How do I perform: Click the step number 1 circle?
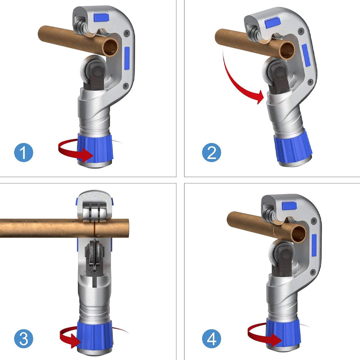coord(24,153)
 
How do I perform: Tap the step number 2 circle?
coord(211,153)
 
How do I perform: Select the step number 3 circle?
coord(24,339)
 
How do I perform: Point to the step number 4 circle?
coord(211,339)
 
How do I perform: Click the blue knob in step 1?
coord(95,148)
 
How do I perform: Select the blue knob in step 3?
coord(94,334)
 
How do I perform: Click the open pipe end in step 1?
coord(110,48)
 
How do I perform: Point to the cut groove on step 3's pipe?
coord(94,228)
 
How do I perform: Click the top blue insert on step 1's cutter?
coord(101,18)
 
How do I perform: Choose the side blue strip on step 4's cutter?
coord(314,245)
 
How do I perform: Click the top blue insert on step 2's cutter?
coord(273,23)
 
